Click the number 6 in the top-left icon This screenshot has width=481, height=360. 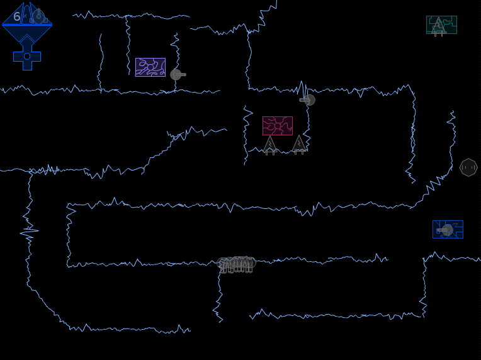click(x=17, y=16)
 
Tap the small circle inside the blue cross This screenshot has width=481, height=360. click(x=27, y=57)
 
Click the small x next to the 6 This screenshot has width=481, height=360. click(x=25, y=16)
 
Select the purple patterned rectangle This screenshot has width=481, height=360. click(x=150, y=67)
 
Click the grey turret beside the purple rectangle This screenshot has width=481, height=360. click(x=178, y=74)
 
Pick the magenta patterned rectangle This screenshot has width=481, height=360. click(x=278, y=126)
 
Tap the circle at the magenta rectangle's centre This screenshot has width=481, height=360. click(x=278, y=126)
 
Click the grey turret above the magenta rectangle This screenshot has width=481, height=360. click(x=307, y=100)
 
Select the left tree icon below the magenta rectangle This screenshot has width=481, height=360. click(x=270, y=145)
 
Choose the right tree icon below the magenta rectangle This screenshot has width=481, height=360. click(x=299, y=145)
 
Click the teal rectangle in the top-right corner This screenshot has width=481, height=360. click(x=442, y=25)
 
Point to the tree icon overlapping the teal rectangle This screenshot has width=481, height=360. click(x=439, y=27)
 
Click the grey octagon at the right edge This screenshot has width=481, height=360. click(x=468, y=167)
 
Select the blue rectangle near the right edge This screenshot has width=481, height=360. click(x=448, y=229)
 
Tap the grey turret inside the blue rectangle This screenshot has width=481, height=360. click(x=445, y=230)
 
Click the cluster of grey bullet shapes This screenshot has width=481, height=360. click(x=236, y=264)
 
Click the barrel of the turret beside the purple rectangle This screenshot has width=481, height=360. click(x=181, y=74)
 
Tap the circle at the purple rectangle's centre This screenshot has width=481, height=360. click(x=150, y=67)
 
